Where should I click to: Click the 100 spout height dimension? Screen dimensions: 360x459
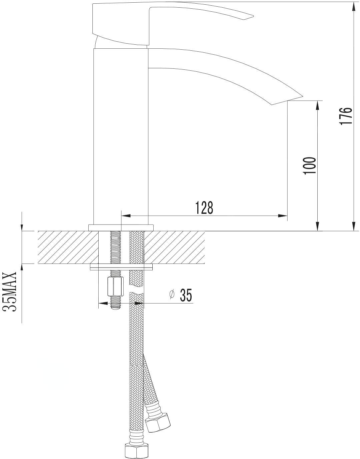pos(310,165)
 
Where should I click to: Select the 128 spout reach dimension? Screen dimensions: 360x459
pos(204,207)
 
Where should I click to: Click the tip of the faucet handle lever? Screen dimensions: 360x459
pos(253,16)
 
